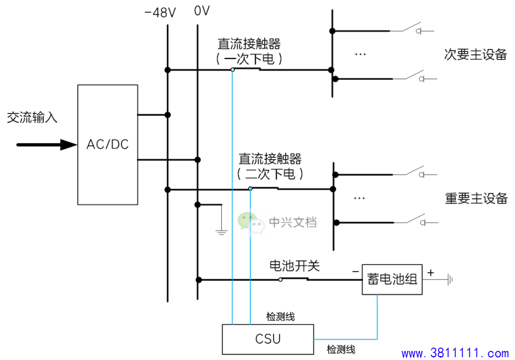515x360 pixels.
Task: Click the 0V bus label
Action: click(202, 11)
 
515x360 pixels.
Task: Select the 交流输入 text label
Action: click(32, 117)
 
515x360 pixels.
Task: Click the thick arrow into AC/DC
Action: click(47, 144)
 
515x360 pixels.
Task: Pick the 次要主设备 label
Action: click(475, 54)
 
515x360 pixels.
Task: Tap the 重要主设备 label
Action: click(476, 198)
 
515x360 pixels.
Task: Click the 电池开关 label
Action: click(294, 266)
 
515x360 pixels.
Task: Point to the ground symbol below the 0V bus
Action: click(221, 232)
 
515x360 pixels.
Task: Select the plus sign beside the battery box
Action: click(431, 272)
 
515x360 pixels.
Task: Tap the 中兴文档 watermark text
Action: click(293, 222)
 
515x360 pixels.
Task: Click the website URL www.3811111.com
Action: click(455, 353)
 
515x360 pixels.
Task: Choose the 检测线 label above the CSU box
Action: click(280, 317)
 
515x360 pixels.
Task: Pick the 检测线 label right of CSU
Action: click(341, 350)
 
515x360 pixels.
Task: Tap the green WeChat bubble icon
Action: click(251, 223)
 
